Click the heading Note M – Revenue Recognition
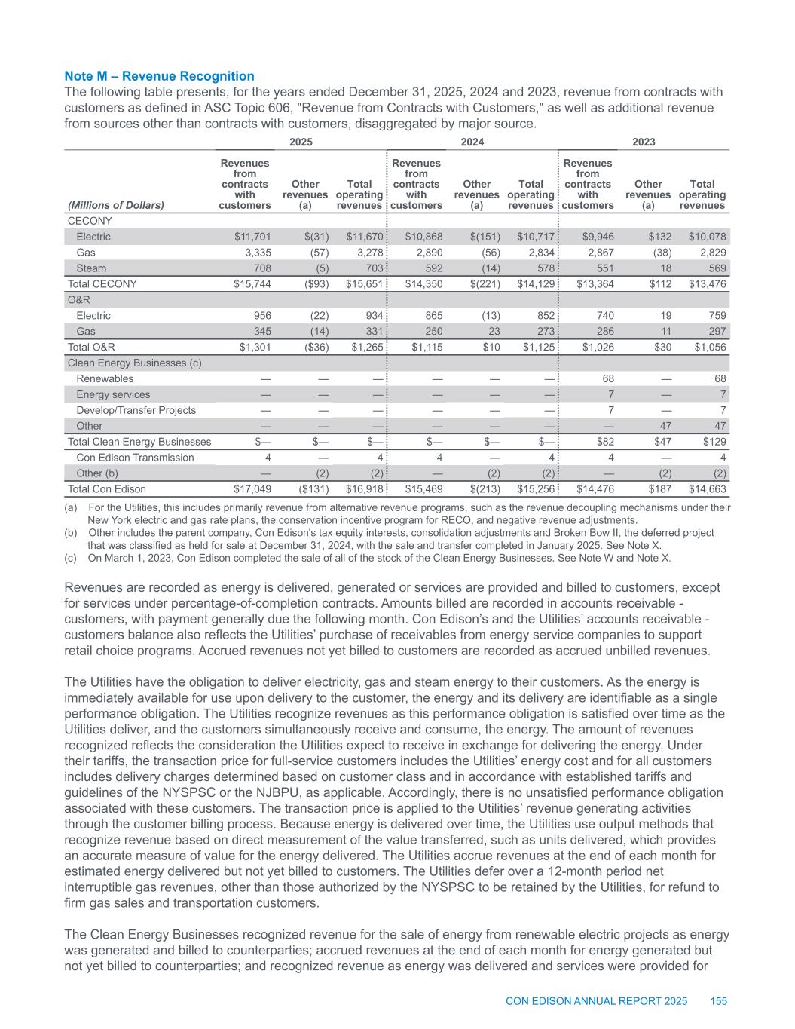(x=160, y=76)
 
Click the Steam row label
(x=91, y=268)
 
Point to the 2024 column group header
(x=472, y=142)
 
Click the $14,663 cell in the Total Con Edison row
(x=706, y=489)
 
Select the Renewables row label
(x=105, y=378)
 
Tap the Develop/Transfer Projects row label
(x=136, y=410)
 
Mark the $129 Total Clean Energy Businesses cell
(x=712, y=442)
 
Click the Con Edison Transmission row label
(x=135, y=458)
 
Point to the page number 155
(x=718, y=1001)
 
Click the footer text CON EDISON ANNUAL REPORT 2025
(x=596, y=1001)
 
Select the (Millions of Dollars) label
(x=116, y=205)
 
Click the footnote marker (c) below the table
(x=72, y=558)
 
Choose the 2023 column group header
(x=643, y=142)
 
